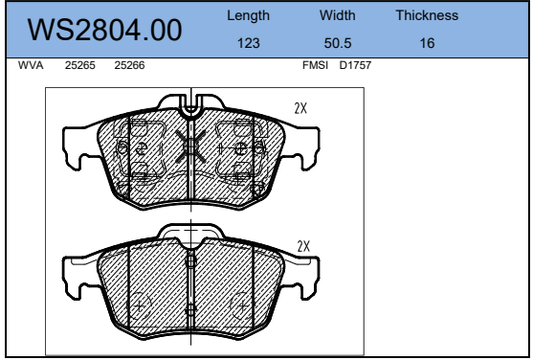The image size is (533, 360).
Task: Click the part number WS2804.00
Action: click(x=104, y=30)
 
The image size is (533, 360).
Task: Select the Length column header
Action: click(x=248, y=15)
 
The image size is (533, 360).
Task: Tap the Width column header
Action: click(x=337, y=15)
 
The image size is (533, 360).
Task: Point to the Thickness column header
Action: click(x=427, y=15)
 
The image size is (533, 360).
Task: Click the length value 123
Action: click(x=249, y=43)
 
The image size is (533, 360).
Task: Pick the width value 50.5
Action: click(x=338, y=43)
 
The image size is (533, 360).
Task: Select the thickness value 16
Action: click(x=427, y=43)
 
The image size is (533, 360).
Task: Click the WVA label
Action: click(x=31, y=65)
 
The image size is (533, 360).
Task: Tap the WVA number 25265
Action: click(x=80, y=65)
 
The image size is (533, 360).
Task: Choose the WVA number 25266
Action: click(x=129, y=65)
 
